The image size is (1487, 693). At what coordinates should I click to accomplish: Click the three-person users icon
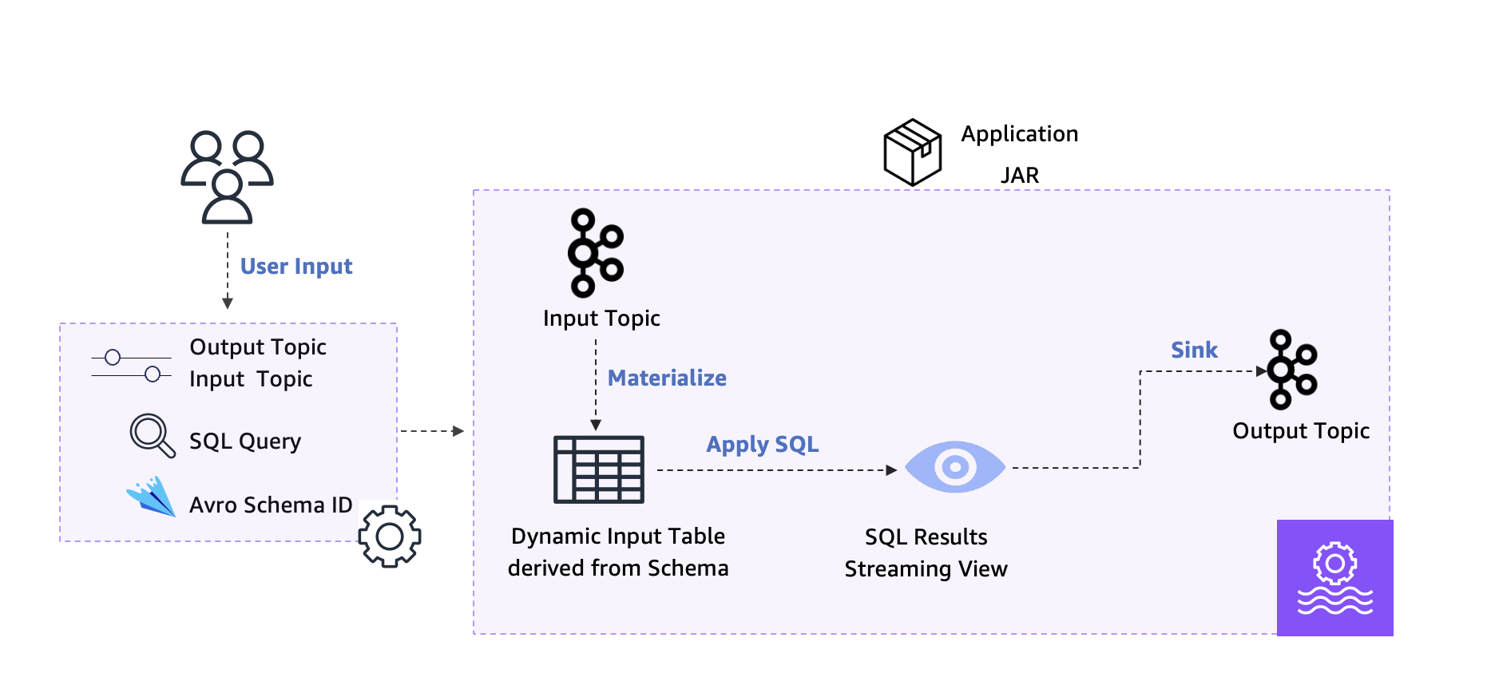[228, 176]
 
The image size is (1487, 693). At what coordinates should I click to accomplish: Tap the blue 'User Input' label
[296, 266]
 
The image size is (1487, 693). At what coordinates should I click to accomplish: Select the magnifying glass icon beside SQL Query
[152, 435]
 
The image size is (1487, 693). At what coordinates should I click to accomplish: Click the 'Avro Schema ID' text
[270, 505]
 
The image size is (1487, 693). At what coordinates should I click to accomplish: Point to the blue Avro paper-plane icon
[152, 497]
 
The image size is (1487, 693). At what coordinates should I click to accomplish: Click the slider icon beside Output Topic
[131, 366]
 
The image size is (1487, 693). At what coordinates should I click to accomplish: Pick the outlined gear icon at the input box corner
[390, 537]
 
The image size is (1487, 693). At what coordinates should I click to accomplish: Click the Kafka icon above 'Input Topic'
[595, 252]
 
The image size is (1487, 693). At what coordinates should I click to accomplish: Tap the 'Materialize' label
[667, 378]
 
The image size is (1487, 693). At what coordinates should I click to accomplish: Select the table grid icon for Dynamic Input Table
[599, 469]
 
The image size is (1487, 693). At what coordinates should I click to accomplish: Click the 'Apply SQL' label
[762, 444]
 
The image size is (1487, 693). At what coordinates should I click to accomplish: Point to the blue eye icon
[955, 467]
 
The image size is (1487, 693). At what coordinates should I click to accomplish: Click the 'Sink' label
[1194, 350]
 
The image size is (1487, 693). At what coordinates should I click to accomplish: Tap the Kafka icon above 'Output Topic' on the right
[1291, 370]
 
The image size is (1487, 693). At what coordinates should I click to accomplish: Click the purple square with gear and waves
[1334, 578]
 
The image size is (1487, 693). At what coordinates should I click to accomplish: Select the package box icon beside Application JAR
[912, 152]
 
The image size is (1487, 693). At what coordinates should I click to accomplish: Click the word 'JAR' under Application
[1020, 175]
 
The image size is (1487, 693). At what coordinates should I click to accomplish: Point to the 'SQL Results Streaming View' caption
[926, 552]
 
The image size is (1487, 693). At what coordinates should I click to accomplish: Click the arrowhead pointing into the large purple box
[458, 431]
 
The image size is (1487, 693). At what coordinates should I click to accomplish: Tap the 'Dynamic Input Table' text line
[617, 536]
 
